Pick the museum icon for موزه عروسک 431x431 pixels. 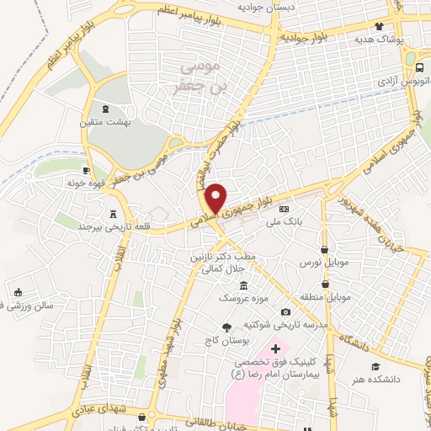pyautogui.click(x=243, y=286)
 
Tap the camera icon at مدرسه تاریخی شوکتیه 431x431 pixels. pyautogui.click(x=285, y=313)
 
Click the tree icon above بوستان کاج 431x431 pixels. pyautogui.click(x=226, y=327)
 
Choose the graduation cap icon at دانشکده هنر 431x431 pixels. pyautogui.click(x=375, y=367)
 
